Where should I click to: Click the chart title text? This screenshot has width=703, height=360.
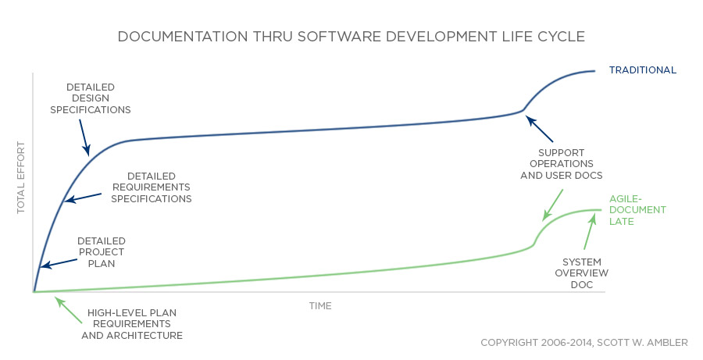(x=351, y=37)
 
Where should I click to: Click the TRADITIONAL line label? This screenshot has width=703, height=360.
(x=643, y=70)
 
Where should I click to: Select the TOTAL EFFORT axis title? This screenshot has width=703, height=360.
(x=21, y=178)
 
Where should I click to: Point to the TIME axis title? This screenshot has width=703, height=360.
(x=319, y=305)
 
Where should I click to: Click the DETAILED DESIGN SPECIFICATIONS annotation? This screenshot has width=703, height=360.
(x=90, y=98)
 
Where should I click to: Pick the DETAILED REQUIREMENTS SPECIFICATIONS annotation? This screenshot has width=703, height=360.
(x=151, y=187)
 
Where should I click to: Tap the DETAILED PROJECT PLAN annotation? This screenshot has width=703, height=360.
(x=101, y=252)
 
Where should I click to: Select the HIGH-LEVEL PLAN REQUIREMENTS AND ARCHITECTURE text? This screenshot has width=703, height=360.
(x=132, y=323)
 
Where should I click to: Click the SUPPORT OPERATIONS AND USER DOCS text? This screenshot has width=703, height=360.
(x=561, y=163)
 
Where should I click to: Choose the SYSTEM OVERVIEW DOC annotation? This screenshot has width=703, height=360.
(x=581, y=273)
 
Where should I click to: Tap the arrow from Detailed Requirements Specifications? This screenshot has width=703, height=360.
(x=83, y=197)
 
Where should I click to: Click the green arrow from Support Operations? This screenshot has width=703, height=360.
(x=553, y=204)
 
